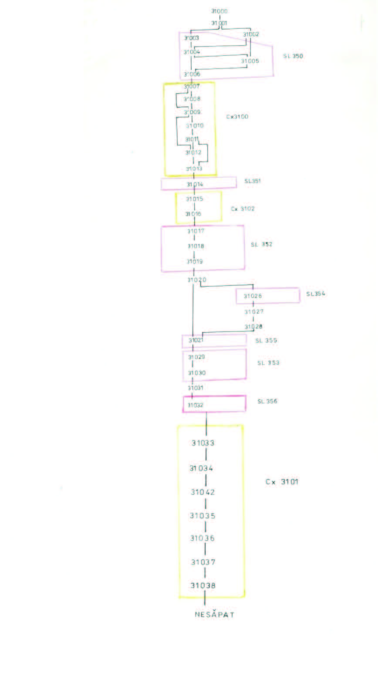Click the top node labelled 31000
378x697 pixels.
point(219,11)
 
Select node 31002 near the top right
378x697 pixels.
point(251,34)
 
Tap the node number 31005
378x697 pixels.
point(250,61)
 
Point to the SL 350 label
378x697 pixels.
point(293,56)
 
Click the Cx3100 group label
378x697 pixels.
point(237,117)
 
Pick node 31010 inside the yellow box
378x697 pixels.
point(195,125)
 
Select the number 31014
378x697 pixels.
point(195,184)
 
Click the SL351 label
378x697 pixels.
point(253,181)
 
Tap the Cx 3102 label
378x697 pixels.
point(243,209)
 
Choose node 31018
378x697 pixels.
point(196,246)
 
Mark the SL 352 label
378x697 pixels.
point(261,244)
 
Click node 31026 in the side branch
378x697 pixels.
point(253,296)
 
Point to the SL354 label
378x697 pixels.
point(316,294)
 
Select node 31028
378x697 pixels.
point(253,326)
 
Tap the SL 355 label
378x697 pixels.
point(266,341)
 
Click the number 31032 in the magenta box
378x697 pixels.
point(196,405)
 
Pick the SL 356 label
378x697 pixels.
point(267,401)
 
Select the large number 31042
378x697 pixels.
point(202,492)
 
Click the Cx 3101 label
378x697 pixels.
point(282,482)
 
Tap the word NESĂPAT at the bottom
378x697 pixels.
point(214,615)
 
